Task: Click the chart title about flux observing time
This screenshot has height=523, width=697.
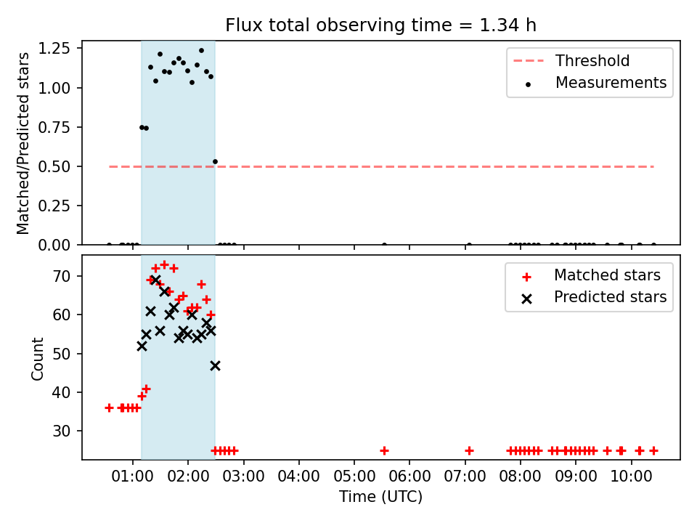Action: [x=380, y=25]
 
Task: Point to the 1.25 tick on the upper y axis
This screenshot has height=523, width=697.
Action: [x=54, y=48]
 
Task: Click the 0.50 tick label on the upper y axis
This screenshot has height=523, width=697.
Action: [x=54, y=167]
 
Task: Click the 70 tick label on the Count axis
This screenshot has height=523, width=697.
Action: [x=62, y=276]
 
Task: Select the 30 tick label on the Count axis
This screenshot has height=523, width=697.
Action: [x=62, y=431]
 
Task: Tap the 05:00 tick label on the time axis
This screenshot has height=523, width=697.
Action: [x=354, y=477]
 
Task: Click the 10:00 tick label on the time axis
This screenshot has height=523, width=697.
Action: [x=631, y=477]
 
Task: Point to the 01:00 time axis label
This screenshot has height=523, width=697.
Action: [x=132, y=477]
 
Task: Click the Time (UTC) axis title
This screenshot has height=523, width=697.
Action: [x=380, y=496]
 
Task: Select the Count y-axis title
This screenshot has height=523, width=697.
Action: [x=37, y=358]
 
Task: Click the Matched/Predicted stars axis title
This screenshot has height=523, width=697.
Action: [x=23, y=143]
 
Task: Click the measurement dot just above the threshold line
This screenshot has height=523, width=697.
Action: [x=215, y=162]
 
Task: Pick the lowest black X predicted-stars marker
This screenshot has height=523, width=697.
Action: [x=215, y=365]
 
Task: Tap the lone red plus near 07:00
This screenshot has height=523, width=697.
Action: [x=469, y=450]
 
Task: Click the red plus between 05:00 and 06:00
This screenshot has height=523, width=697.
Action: [x=385, y=450]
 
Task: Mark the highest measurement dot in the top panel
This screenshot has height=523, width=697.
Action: [x=201, y=51]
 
